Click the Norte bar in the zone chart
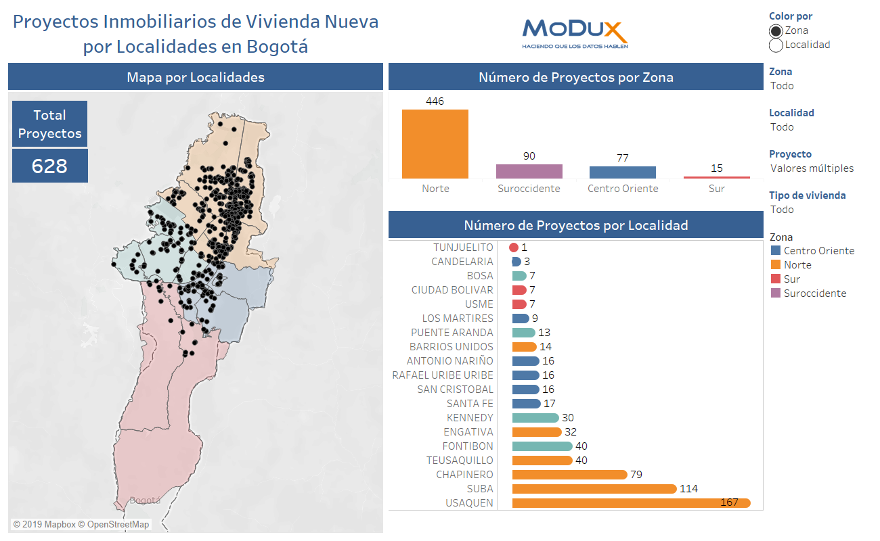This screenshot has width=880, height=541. click(x=435, y=143)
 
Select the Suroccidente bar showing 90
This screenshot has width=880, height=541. click(x=529, y=171)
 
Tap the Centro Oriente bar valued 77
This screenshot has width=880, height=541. click(x=622, y=172)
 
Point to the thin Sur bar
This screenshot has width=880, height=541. click(x=716, y=177)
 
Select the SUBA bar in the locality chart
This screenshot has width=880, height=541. click(x=594, y=489)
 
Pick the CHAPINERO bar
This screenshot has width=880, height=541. click(x=569, y=475)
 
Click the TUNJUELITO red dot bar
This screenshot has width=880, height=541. click(x=514, y=248)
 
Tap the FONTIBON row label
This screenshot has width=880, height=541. click(x=468, y=446)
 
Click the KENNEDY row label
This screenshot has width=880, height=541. click(x=470, y=418)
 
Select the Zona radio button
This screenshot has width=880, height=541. click(x=776, y=30)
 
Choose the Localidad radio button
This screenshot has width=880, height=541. click(x=776, y=45)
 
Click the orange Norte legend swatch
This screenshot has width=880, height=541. click(x=775, y=265)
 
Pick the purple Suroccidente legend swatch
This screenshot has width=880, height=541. click(x=775, y=293)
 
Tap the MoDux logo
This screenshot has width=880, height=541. click(x=575, y=32)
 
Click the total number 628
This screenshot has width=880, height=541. click(x=49, y=166)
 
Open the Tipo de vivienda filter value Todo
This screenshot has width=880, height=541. click(x=782, y=210)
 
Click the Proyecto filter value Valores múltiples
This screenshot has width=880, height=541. click(x=812, y=168)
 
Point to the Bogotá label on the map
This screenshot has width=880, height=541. click(x=145, y=500)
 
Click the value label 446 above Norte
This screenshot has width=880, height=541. click(x=435, y=101)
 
